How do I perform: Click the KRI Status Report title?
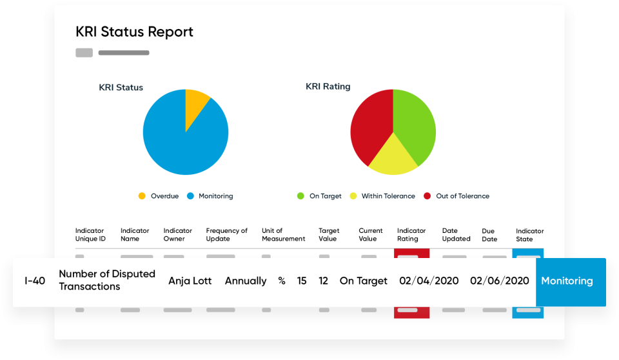tap(134, 32)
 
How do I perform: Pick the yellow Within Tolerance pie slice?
tap(391, 158)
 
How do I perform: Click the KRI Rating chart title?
tap(328, 86)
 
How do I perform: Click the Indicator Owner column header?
tap(178, 235)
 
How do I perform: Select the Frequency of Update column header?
tap(226, 235)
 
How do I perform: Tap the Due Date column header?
tap(489, 235)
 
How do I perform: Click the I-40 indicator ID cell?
tap(35, 281)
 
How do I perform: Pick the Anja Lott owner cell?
tap(190, 281)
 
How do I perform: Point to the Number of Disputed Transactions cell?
tap(107, 280)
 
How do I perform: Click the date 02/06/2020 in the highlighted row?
tap(500, 281)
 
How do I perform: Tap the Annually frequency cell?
tap(246, 281)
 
